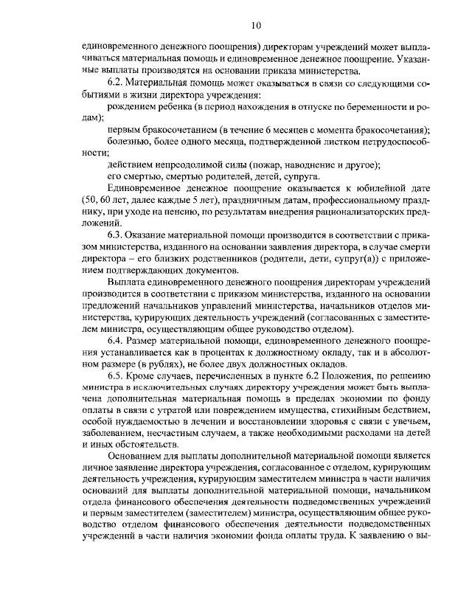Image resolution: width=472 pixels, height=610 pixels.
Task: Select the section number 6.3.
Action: pyautogui.click(x=117, y=233)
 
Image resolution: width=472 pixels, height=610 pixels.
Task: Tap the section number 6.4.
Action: pyautogui.click(x=117, y=341)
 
